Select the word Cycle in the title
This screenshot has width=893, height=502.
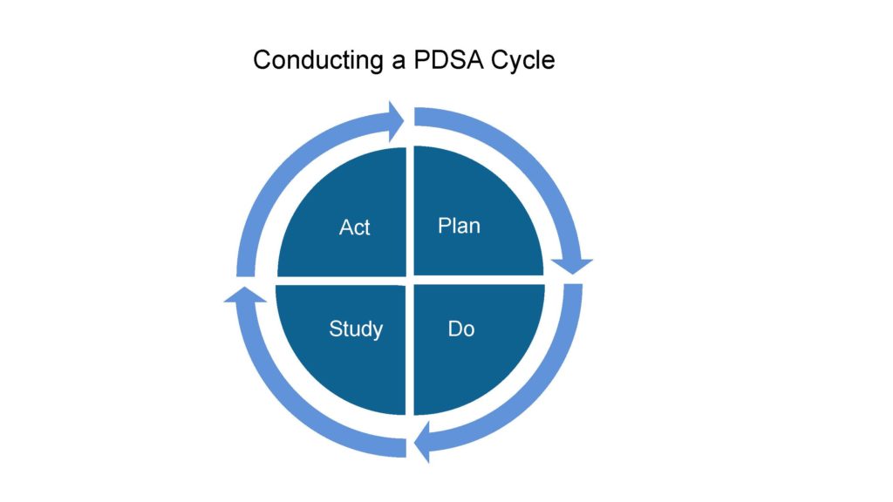click(524, 61)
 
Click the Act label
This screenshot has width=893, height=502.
click(354, 227)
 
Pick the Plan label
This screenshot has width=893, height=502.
click(459, 226)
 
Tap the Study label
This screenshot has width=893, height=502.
click(355, 329)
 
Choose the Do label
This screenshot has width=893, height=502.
click(460, 329)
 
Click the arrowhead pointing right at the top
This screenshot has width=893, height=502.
click(394, 120)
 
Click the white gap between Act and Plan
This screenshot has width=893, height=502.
click(410, 209)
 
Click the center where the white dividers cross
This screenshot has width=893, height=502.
click(410, 280)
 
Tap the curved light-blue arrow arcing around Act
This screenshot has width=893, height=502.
click(287, 174)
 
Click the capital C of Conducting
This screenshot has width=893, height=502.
click(261, 61)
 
